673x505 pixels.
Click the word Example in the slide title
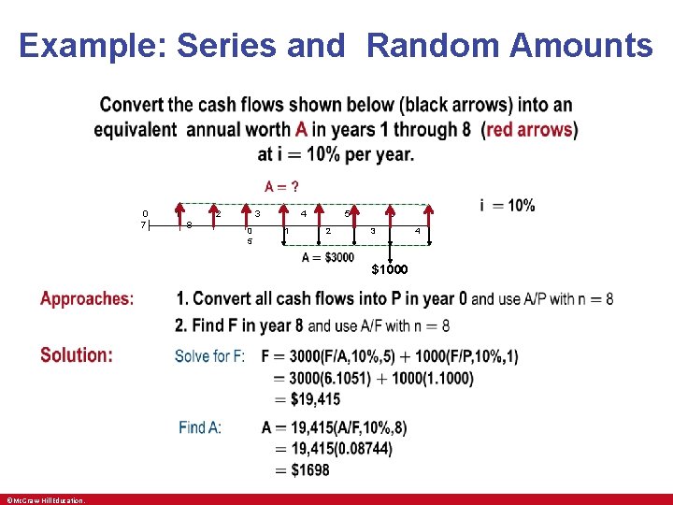pos(90,44)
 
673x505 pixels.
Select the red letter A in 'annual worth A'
pos(301,130)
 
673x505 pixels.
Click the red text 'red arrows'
pos(529,130)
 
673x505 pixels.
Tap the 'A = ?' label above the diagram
pos(280,187)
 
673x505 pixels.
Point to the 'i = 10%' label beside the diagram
pos(507,206)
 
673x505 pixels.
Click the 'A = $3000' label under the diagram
pos(327,257)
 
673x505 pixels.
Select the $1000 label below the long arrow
pos(390,269)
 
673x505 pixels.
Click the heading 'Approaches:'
pos(87,299)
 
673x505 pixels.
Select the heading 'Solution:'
pos(76,355)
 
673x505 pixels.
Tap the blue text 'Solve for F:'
pos(210,356)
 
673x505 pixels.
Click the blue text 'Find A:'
pos(200,427)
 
